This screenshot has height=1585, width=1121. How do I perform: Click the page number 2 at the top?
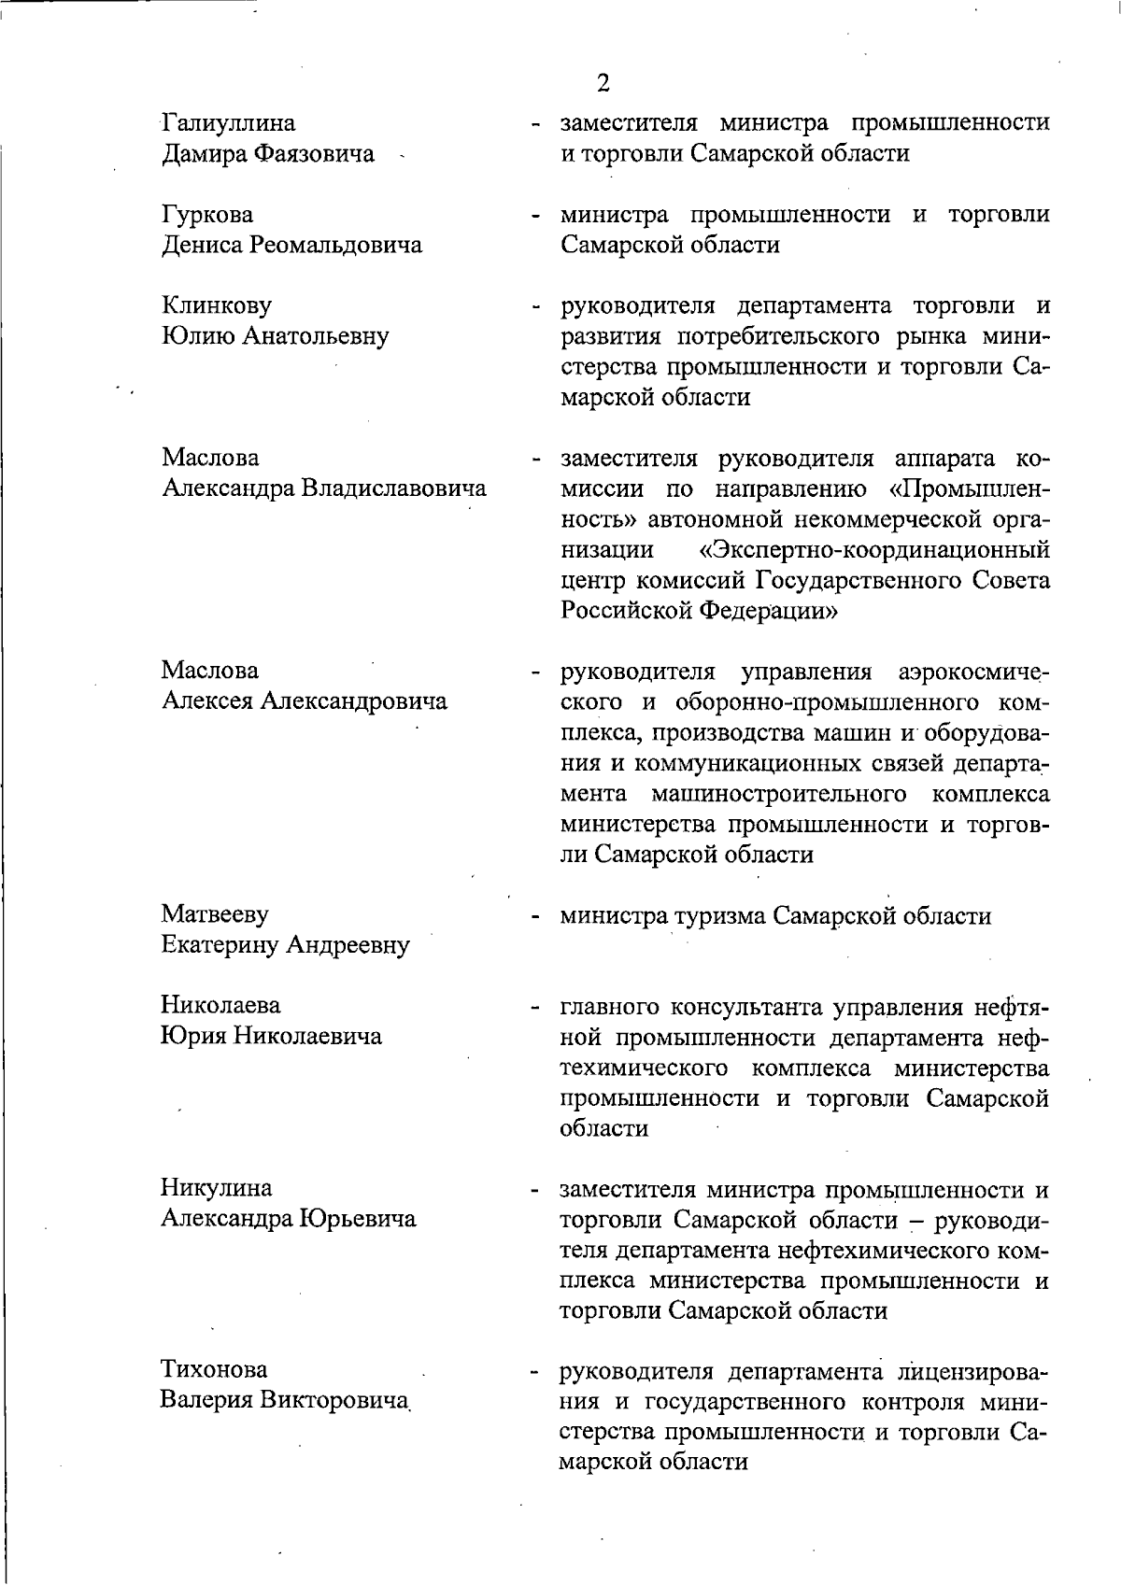603,84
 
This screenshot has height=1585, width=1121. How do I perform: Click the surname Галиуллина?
228,122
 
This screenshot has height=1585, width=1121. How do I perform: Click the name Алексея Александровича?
304,701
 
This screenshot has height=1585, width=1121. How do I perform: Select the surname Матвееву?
214,913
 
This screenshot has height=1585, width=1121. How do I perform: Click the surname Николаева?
220,1005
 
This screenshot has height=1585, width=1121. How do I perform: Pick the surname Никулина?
217,1188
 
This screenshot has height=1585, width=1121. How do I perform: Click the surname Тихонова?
214,1370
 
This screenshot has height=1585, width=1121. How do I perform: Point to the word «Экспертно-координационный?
873,549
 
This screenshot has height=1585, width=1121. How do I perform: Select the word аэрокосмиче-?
972,672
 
